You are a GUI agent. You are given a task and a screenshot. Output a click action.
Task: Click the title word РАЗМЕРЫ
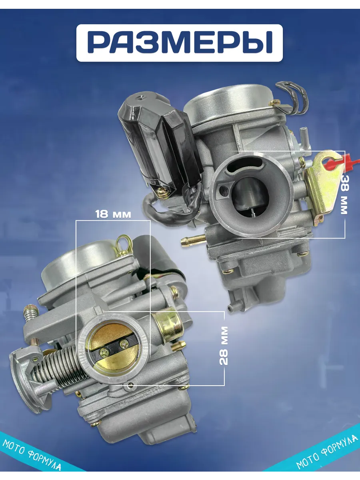click(x=180, y=42)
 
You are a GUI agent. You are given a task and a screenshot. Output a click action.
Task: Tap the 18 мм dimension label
click(x=113, y=214)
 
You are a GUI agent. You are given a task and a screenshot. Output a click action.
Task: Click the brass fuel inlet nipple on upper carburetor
click(x=193, y=240)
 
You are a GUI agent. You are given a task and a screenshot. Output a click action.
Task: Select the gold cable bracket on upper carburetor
click(x=323, y=188)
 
